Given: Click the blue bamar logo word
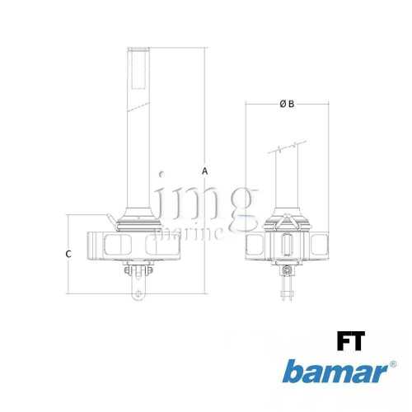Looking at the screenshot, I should coord(333,372).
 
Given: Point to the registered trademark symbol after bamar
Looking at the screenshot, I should coord(391,363).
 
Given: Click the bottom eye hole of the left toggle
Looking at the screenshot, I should coord(138,293).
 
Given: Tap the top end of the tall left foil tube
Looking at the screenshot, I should coord(137,50).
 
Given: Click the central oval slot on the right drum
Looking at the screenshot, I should coord(287,246).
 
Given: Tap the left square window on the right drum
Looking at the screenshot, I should coord(258,245).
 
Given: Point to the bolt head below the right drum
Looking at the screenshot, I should coord(287,271).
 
